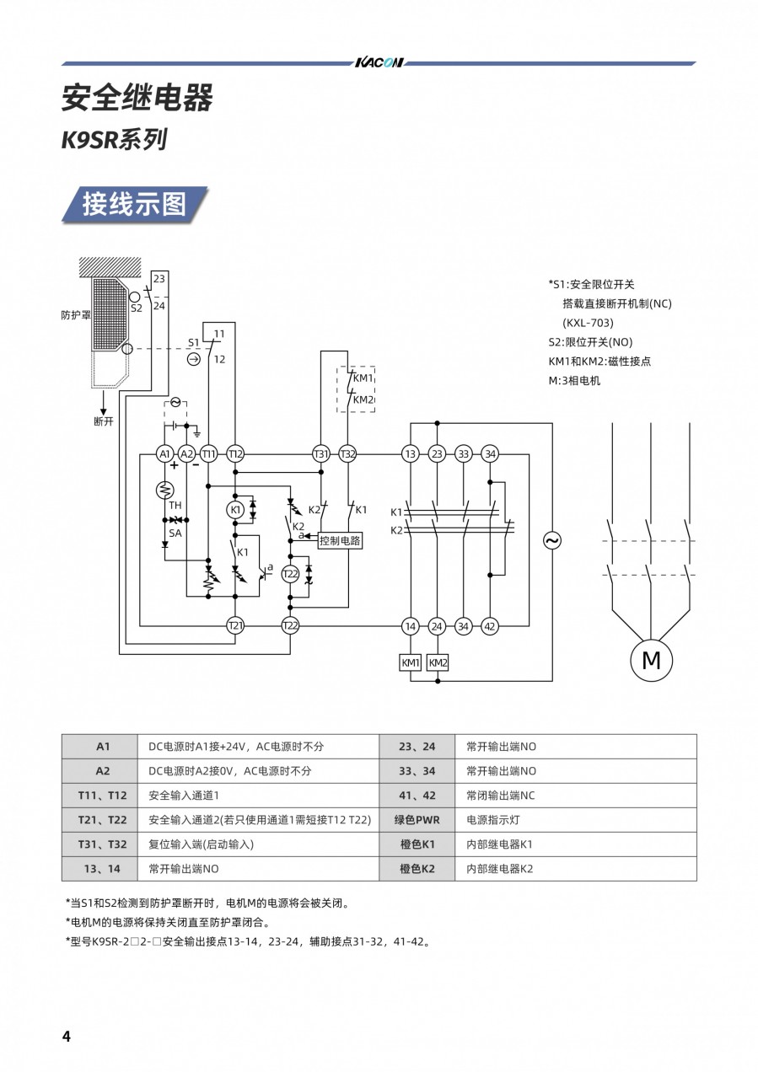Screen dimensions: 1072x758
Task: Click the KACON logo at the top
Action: tap(379, 63)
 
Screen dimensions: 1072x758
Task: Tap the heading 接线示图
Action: tap(134, 204)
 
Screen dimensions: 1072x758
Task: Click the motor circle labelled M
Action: tap(651, 660)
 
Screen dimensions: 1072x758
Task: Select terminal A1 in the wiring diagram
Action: tap(165, 454)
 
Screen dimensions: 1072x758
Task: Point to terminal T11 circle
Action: tap(209, 454)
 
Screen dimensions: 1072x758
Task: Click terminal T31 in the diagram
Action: tap(320, 454)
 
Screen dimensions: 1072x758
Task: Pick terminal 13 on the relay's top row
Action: tap(410, 454)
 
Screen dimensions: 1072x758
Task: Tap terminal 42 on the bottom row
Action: tap(490, 626)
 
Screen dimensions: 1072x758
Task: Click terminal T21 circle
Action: tap(235, 626)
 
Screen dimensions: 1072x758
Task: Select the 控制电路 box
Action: tap(340, 541)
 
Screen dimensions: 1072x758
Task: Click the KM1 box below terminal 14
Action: tap(410, 663)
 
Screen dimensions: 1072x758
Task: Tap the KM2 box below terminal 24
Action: tap(438, 663)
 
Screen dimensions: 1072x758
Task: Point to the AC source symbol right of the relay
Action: tap(553, 541)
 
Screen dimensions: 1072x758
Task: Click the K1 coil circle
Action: tap(235, 511)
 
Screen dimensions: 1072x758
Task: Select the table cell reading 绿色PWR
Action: tap(417, 819)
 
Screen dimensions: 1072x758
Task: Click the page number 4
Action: tap(67, 1037)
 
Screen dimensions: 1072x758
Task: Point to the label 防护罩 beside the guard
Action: tap(76, 316)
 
